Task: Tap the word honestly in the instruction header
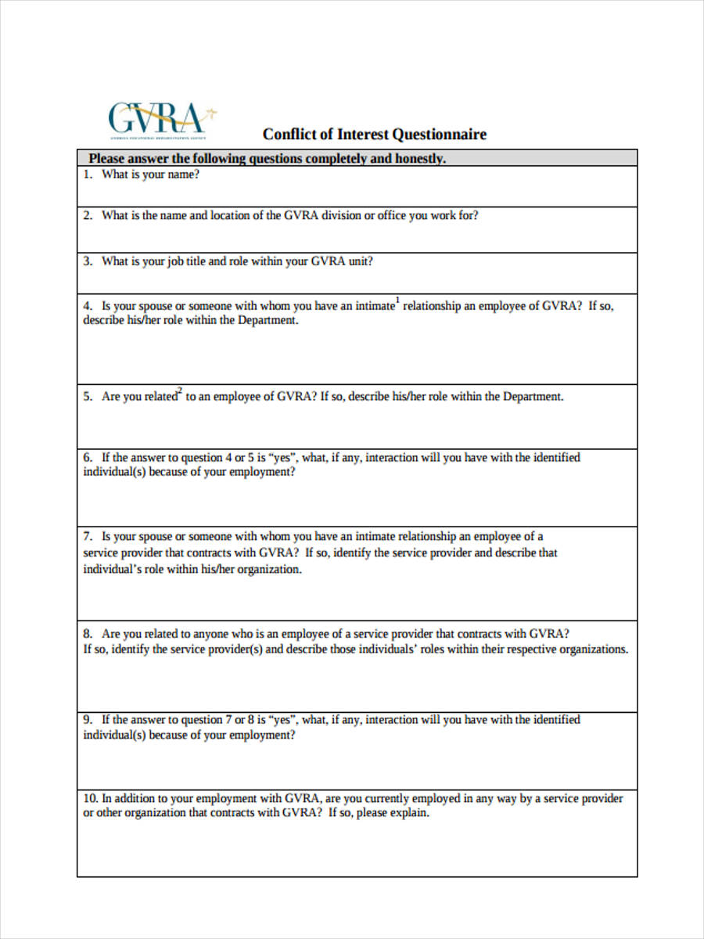[x=417, y=159]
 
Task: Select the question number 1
[x=88, y=174]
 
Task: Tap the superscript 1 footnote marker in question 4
[x=397, y=300]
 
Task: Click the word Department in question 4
[x=268, y=321]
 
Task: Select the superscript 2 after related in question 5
[x=180, y=391]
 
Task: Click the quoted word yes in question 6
[x=282, y=457]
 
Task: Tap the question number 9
[x=88, y=719]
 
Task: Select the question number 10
[x=90, y=798]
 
